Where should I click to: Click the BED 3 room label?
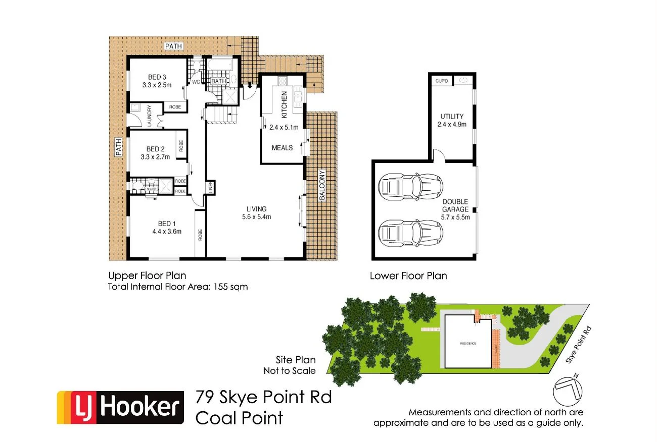pyautogui.click(x=157, y=77)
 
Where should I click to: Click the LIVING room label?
pyautogui.click(x=256, y=209)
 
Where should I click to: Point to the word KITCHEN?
pyautogui.click(x=284, y=103)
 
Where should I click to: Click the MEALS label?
pyautogui.click(x=282, y=148)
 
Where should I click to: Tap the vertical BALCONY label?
pyautogui.click(x=321, y=186)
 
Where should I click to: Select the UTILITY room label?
pyautogui.click(x=451, y=116)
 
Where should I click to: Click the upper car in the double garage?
pyautogui.click(x=411, y=186)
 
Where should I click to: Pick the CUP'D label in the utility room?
pyautogui.click(x=441, y=81)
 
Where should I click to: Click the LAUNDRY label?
pyautogui.click(x=150, y=116)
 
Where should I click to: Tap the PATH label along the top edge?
pyautogui.click(x=173, y=46)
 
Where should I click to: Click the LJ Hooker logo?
pyautogui.click(x=120, y=407)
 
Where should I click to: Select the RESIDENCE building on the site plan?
pyautogui.click(x=467, y=343)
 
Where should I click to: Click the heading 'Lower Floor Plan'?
pyautogui.click(x=408, y=276)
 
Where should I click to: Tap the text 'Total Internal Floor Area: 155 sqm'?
pyautogui.click(x=178, y=287)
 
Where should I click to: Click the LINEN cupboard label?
pyautogui.click(x=210, y=188)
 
